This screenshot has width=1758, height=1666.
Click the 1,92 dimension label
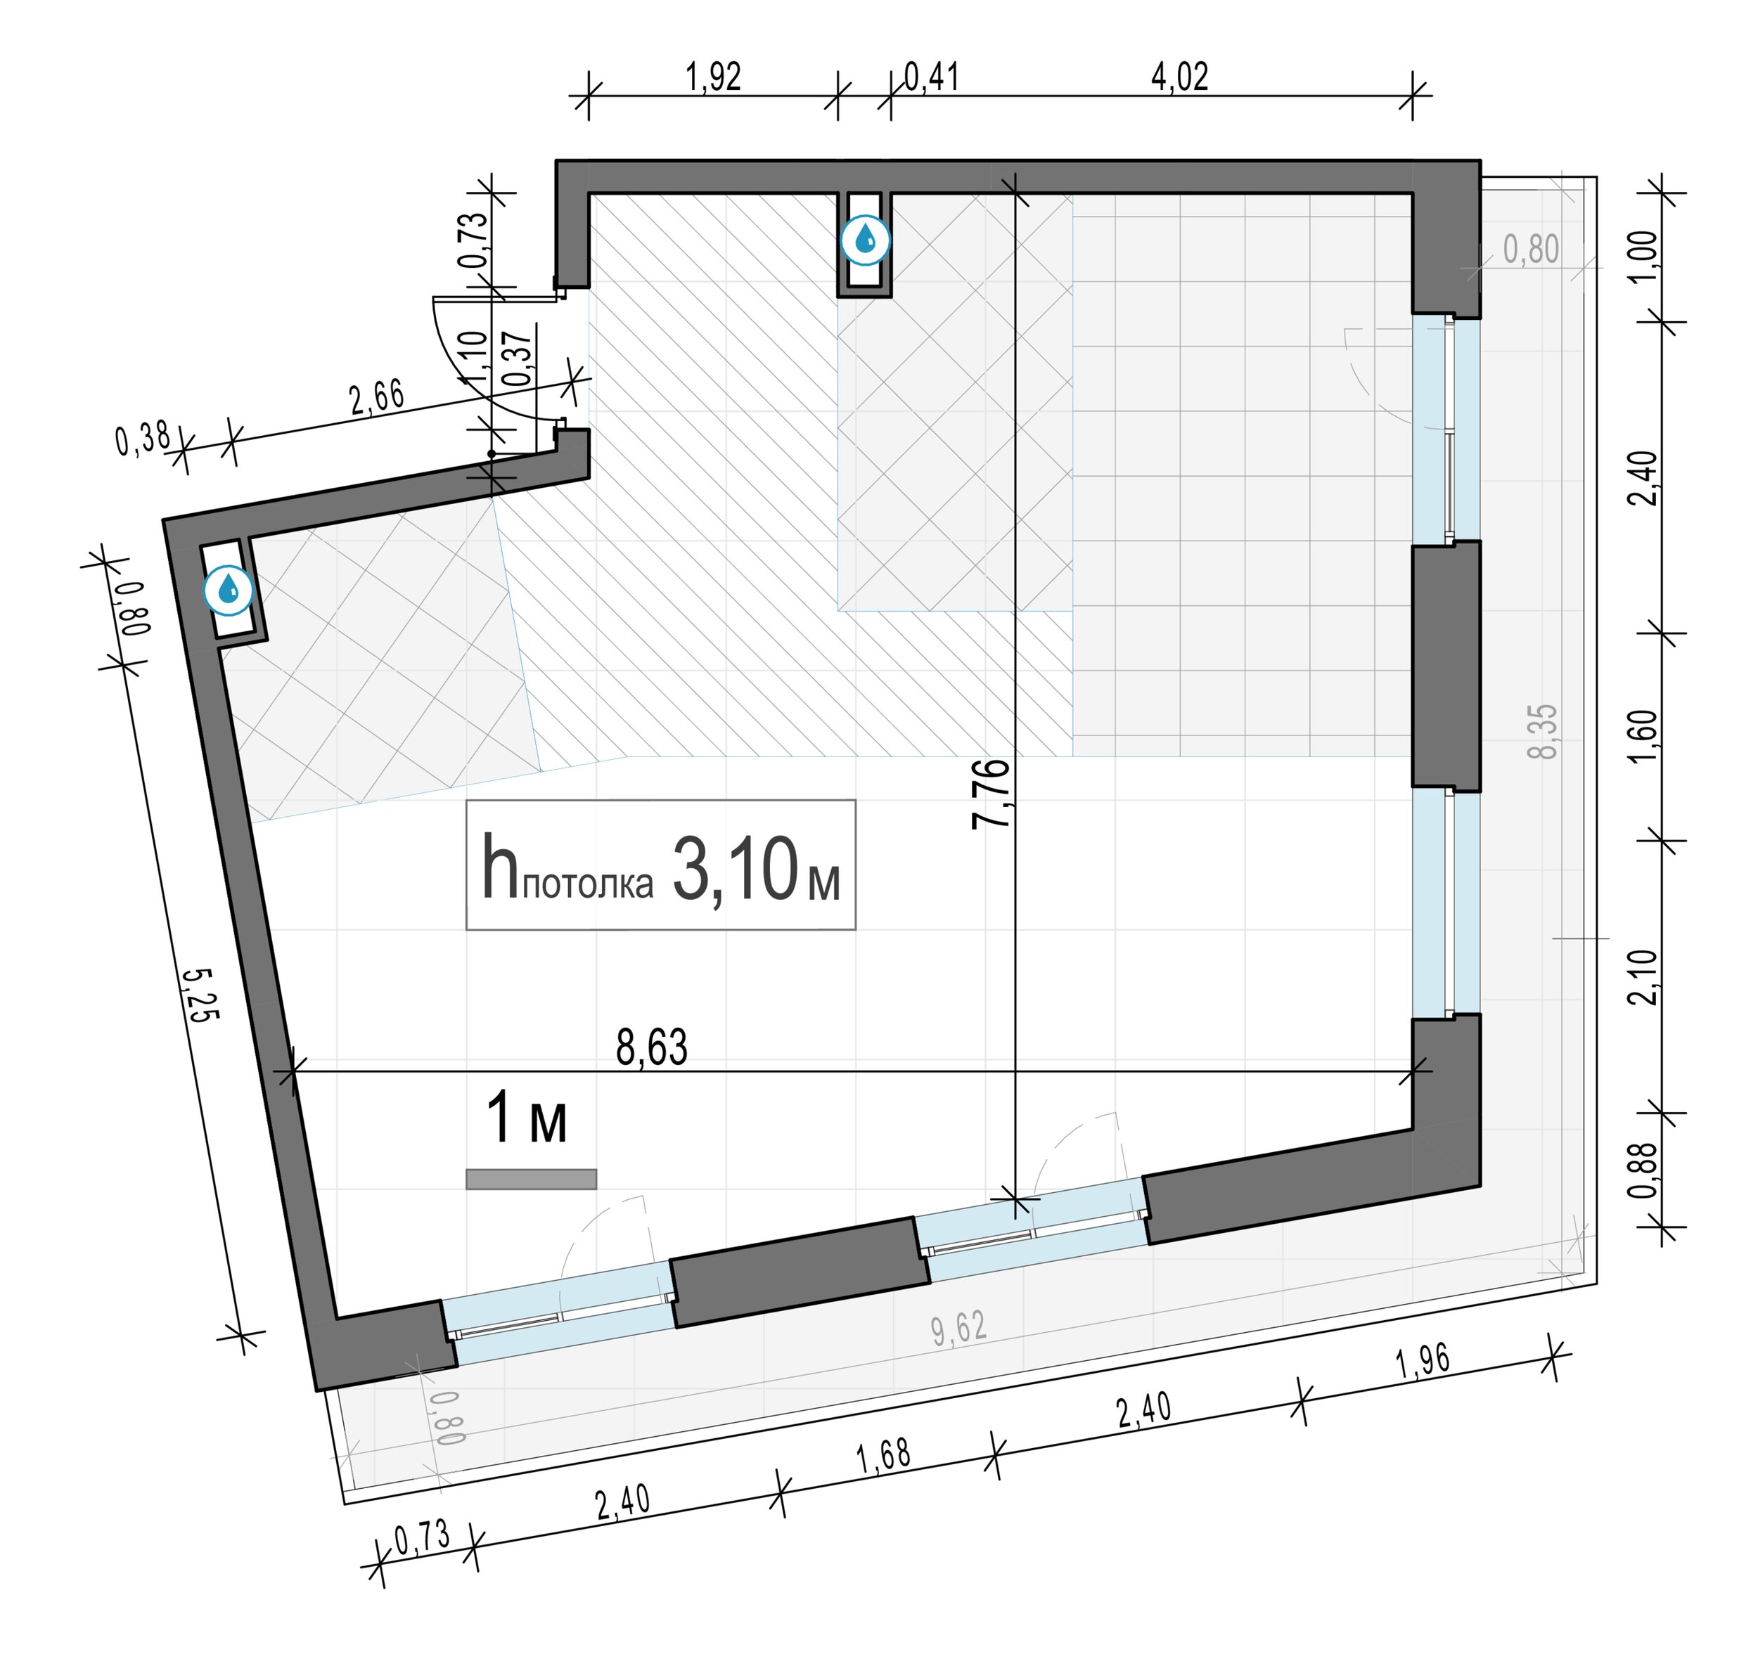[713, 77]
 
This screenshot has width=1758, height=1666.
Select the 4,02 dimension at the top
[1180, 77]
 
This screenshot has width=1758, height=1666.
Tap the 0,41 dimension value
[932, 77]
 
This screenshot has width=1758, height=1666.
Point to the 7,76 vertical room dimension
[992, 794]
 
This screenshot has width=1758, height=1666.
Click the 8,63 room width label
[651, 1048]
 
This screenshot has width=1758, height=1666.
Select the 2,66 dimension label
[377, 397]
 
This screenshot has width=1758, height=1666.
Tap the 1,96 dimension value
[1423, 1360]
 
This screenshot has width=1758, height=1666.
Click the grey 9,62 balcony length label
[959, 1329]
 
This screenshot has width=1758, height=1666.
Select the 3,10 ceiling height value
[735, 870]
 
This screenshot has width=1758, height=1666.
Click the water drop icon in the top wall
[865, 240]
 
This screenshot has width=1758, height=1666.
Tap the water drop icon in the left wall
[229, 590]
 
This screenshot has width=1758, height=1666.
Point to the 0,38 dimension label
[143, 439]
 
